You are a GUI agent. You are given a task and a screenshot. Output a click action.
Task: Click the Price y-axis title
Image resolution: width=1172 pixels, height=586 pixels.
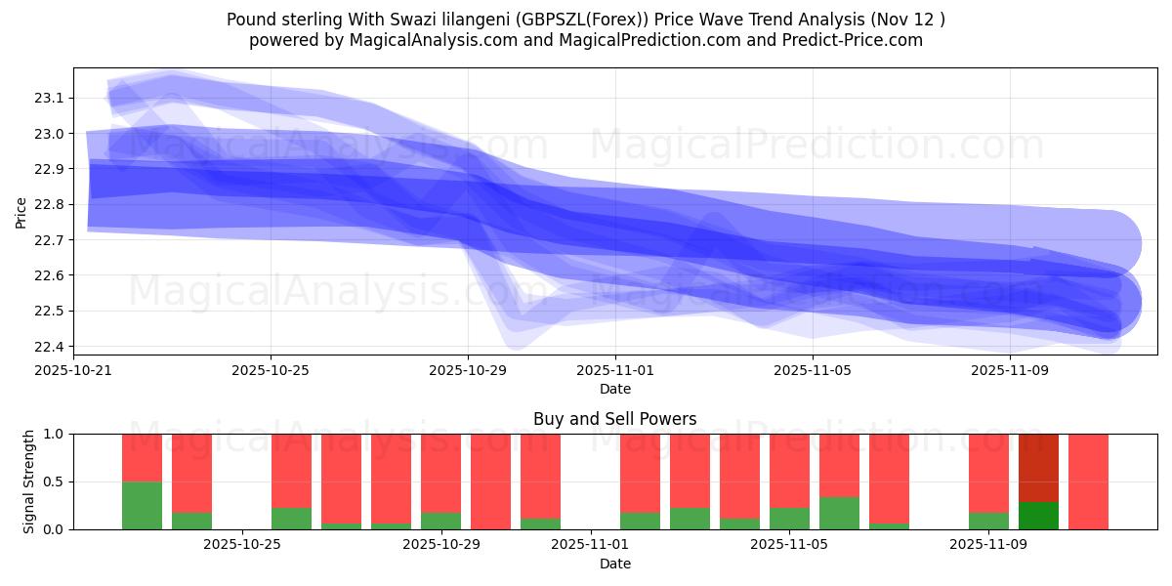(x=21, y=211)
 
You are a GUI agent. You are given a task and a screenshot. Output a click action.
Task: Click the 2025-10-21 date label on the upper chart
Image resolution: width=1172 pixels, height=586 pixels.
(x=73, y=370)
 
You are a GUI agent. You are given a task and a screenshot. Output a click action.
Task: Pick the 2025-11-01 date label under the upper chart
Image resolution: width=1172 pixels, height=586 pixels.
(x=615, y=370)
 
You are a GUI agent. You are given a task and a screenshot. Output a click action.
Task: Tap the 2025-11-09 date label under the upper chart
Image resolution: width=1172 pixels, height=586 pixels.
(x=1010, y=370)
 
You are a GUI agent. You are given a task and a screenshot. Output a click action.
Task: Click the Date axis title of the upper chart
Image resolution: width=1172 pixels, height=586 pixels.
(x=615, y=389)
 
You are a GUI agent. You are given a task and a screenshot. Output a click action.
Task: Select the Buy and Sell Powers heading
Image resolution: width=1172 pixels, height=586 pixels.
(x=615, y=419)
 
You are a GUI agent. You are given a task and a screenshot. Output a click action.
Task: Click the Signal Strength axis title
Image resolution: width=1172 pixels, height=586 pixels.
(x=29, y=481)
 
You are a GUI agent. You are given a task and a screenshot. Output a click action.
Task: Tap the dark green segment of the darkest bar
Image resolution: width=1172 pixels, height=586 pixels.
(x=1038, y=516)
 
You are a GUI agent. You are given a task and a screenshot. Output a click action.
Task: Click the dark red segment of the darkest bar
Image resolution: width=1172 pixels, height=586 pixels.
(x=1038, y=467)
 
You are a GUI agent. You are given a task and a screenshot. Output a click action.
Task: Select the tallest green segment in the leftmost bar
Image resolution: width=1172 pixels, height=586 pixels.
(x=142, y=505)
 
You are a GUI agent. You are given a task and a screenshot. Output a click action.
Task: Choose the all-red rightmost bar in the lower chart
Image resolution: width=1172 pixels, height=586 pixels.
(x=1088, y=481)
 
